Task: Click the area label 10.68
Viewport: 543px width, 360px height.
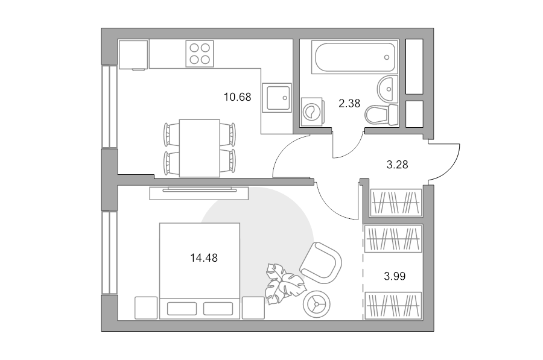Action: pos(237,97)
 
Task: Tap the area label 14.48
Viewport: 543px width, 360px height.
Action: pos(204,258)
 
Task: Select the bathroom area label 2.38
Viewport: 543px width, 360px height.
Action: pos(349,103)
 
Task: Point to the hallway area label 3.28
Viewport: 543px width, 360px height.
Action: pos(397,165)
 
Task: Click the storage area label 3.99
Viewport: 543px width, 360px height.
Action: pos(395,276)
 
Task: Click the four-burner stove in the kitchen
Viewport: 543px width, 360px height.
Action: pos(200,54)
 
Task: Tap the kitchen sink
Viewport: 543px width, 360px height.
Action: pos(276,98)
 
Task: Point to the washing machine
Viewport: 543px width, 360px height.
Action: pos(313,112)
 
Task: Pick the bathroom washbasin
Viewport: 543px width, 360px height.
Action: pos(387,89)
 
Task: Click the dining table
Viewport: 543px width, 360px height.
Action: pos(200,148)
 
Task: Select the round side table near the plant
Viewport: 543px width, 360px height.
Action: pos(316,304)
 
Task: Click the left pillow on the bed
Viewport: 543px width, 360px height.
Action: pos(182,308)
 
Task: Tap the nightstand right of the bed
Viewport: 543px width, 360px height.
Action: pos(253,308)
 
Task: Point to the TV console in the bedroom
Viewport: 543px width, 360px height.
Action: pos(199,193)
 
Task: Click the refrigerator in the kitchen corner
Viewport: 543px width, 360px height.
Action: pos(133,55)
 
